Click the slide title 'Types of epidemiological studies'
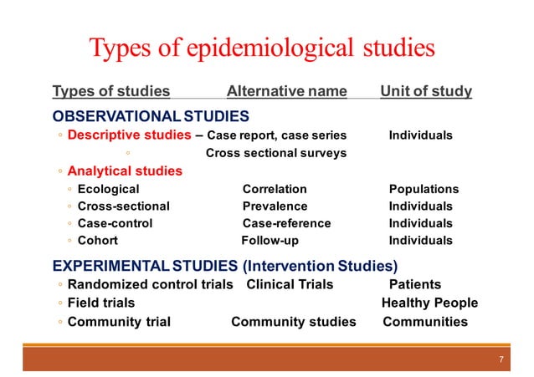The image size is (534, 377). point(262,47)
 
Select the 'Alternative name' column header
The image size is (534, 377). point(286,91)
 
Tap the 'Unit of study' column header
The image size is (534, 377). point(426,91)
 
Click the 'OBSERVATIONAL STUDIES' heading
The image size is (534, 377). point(151,115)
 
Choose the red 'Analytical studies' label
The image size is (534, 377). point(125,171)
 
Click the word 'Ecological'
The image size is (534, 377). point(108,189)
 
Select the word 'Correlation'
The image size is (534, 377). point(275,189)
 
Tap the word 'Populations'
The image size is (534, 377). point(424,189)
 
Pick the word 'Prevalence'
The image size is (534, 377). point(275,206)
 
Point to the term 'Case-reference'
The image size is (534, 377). point(286,223)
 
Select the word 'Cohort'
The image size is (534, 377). point(97,241)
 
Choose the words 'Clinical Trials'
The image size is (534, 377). point(290,284)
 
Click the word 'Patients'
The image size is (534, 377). point(415,284)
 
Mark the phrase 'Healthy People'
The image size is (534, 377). point(429,303)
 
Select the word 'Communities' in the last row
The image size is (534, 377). point(425,322)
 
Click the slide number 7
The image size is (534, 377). point(501,360)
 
